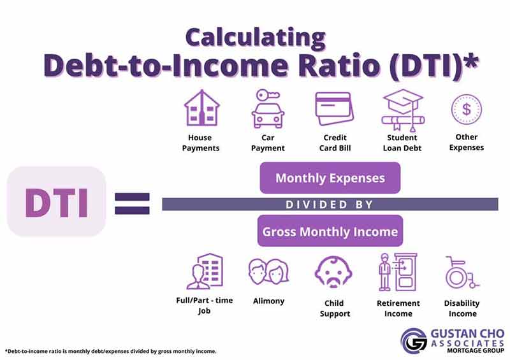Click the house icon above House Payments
[x=201, y=108]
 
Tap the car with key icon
[x=267, y=109]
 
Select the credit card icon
[x=333, y=108]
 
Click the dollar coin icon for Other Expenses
[x=466, y=109]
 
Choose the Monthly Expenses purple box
[x=330, y=178]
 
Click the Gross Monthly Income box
[x=330, y=231]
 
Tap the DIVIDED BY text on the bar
[x=329, y=205]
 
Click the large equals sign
[x=132, y=203]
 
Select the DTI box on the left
[x=55, y=202]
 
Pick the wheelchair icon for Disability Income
[x=461, y=273]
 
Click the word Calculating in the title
[x=255, y=36]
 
